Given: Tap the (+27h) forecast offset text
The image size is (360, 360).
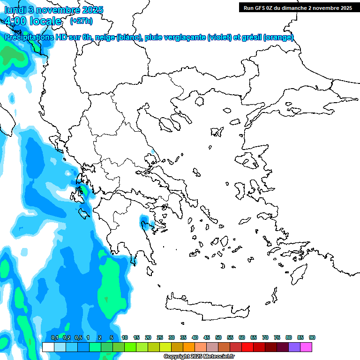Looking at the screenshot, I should click(81, 21).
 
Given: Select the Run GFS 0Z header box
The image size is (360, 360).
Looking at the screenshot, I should click(297, 7).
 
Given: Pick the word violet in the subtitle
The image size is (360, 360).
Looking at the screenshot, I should click(218, 37).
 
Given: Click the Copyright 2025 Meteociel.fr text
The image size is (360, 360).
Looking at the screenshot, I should click(199, 357).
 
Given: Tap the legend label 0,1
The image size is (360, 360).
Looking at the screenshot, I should click(54, 338).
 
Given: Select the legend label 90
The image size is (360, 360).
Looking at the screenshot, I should click(312, 338).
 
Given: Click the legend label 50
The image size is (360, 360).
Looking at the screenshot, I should click(218, 338).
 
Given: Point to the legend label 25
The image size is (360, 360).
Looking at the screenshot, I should click(160, 338).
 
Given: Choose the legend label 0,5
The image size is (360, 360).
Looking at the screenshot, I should click(78, 338).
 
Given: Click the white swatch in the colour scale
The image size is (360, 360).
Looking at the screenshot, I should click(48, 347).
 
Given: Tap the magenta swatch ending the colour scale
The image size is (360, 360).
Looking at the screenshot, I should click(306, 347).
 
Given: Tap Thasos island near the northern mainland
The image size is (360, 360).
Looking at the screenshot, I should click(200, 101).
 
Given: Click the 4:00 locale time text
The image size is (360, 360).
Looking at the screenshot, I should click(33, 22).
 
